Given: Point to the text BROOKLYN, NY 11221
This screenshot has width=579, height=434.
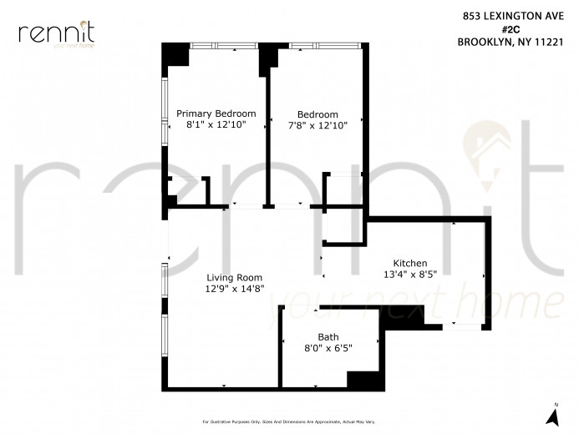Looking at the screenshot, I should point(515,42).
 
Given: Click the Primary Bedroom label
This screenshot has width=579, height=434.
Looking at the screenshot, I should point(216,114).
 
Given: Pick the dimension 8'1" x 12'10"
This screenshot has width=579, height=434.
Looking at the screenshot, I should point(216,125).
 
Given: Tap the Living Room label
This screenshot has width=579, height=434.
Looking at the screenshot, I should point(235,278).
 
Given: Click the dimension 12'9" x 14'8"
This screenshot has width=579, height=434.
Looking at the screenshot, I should point(235,290).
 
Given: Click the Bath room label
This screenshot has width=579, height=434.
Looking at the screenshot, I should point(317,337).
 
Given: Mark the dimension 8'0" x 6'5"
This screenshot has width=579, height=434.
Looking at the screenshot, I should point(317,349).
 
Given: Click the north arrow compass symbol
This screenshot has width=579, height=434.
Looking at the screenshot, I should point(552,414).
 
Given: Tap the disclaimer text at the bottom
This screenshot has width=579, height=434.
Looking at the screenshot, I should point(289,421).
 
